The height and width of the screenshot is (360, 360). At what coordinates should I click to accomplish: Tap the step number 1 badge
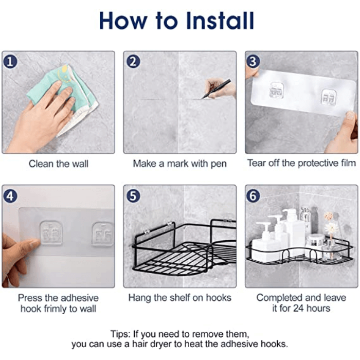click(x=10, y=61)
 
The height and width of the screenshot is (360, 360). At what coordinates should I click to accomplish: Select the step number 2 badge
click(x=133, y=61)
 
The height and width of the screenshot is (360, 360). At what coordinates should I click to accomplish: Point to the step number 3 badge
click(x=253, y=61)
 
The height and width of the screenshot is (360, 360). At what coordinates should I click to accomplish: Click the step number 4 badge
click(x=10, y=196)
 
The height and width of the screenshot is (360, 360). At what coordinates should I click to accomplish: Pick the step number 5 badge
click(x=133, y=196)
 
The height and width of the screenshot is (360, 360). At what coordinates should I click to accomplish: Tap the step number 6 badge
click(x=253, y=196)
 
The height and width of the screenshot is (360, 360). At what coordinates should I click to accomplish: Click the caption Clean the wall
click(x=59, y=164)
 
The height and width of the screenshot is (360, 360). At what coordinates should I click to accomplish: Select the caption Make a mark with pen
click(x=179, y=164)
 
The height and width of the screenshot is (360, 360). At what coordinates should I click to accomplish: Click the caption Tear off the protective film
click(x=301, y=163)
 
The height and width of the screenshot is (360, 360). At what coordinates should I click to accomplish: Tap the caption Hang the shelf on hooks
click(x=179, y=298)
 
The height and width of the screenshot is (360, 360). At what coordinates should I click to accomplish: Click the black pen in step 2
click(x=215, y=88)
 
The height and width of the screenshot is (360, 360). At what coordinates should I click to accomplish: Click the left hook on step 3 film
click(x=276, y=92)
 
